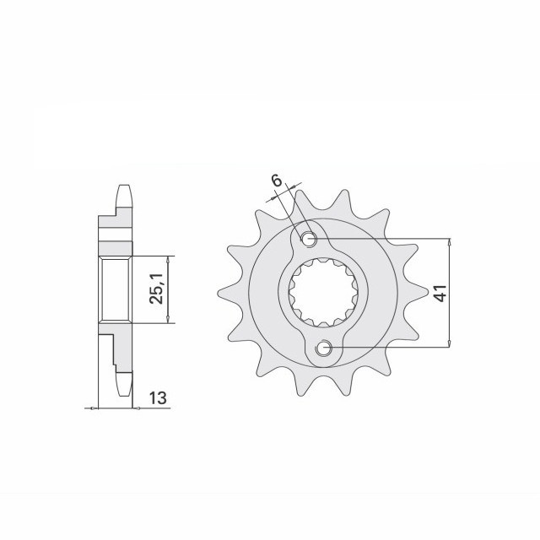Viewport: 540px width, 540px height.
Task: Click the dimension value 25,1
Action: (x=156, y=289)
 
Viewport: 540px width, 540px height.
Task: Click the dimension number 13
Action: (x=158, y=398)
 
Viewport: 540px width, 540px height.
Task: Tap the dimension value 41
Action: (x=440, y=293)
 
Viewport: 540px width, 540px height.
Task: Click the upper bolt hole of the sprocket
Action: (x=309, y=239)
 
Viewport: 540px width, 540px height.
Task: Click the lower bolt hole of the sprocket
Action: (x=324, y=348)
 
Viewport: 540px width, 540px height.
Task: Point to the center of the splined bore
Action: (x=324, y=293)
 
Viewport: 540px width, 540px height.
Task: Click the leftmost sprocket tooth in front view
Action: (x=224, y=294)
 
